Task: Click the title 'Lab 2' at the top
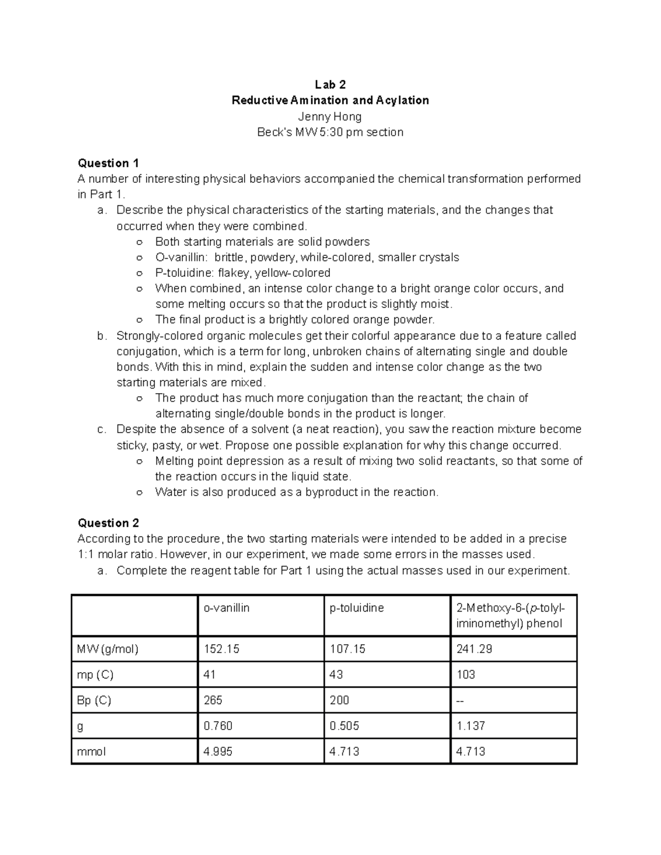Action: (x=330, y=84)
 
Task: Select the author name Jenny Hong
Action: (x=330, y=116)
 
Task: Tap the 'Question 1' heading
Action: (x=109, y=163)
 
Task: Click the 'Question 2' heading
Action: (x=109, y=522)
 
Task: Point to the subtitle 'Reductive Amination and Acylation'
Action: (x=330, y=100)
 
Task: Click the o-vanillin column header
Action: (x=226, y=608)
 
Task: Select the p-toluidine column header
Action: (x=356, y=608)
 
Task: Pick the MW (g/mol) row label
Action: (x=108, y=649)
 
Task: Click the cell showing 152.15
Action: (x=221, y=649)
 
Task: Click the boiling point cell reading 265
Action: (x=213, y=700)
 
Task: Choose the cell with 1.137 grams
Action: (x=471, y=726)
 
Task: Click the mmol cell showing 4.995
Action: (x=218, y=751)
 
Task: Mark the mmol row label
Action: (x=91, y=751)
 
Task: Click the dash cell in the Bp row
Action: (x=460, y=701)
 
